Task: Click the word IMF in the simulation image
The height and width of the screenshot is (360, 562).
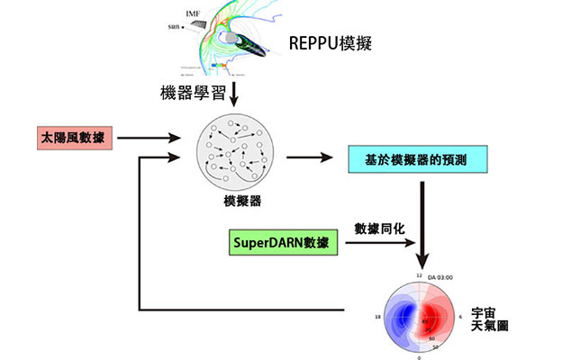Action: [x=193, y=13]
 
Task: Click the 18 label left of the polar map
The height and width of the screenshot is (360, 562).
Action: [x=377, y=318]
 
